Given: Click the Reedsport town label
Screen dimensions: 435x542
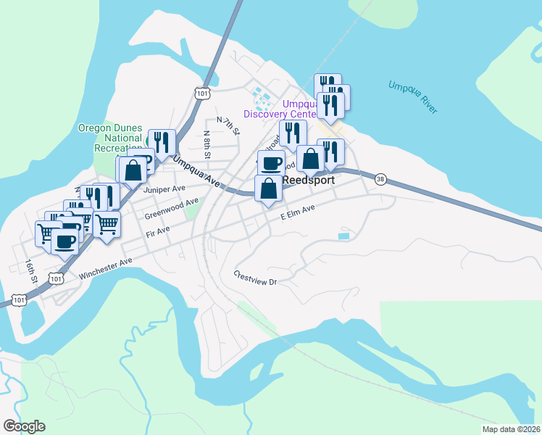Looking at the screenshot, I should click(x=308, y=180).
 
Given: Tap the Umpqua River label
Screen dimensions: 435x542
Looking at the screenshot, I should click(x=413, y=96).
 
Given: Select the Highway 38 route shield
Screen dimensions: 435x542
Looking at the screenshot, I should click(x=380, y=179).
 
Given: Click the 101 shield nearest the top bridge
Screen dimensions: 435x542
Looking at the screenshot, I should click(x=202, y=93).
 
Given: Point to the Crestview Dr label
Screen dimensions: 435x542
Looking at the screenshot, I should click(x=256, y=278).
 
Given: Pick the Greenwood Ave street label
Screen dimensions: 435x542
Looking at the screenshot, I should click(x=171, y=209).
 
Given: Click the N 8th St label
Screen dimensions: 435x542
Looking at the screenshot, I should click(x=207, y=144).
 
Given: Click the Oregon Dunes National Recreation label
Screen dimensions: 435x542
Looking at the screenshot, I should click(x=110, y=138).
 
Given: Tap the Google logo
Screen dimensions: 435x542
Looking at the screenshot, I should click(x=24, y=426).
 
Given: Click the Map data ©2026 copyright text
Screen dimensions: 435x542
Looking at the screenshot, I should click(x=510, y=429).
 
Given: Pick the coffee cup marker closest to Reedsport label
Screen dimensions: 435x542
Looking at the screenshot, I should click(x=272, y=163).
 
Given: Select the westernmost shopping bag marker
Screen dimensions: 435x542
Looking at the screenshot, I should click(x=133, y=171).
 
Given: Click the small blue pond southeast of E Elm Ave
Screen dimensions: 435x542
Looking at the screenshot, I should click(x=343, y=236).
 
